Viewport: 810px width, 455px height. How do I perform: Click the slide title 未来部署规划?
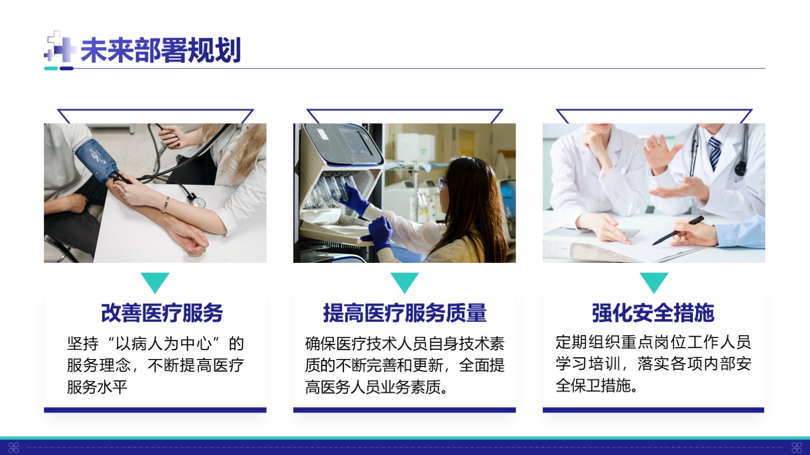pyautogui.click(x=160, y=50)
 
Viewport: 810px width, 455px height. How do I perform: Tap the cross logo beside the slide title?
pyautogui.click(x=60, y=46)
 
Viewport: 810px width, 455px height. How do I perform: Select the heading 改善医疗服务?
pyautogui.click(x=162, y=313)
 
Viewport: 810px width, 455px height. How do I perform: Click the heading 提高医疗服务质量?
pyautogui.click(x=404, y=313)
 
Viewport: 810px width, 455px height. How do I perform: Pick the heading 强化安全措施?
pyautogui.click(x=653, y=313)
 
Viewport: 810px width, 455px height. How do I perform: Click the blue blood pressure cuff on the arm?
pyautogui.click(x=96, y=159)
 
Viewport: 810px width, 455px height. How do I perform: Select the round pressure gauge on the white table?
pyautogui.click(x=198, y=201)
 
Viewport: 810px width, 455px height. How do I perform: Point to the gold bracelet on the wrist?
pyautogui.click(x=165, y=205)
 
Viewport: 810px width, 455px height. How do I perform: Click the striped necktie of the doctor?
pyautogui.click(x=714, y=153)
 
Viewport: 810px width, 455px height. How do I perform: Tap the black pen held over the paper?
pyautogui.click(x=678, y=230)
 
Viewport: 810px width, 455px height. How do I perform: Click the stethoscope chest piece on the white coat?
pyautogui.click(x=740, y=168)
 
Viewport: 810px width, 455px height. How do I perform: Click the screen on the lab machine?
pyautogui.click(x=355, y=141)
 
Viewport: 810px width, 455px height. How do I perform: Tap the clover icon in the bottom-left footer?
pyautogui.click(x=13, y=447)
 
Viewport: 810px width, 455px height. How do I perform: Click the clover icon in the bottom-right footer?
pyautogui.click(x=796, y=447)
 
